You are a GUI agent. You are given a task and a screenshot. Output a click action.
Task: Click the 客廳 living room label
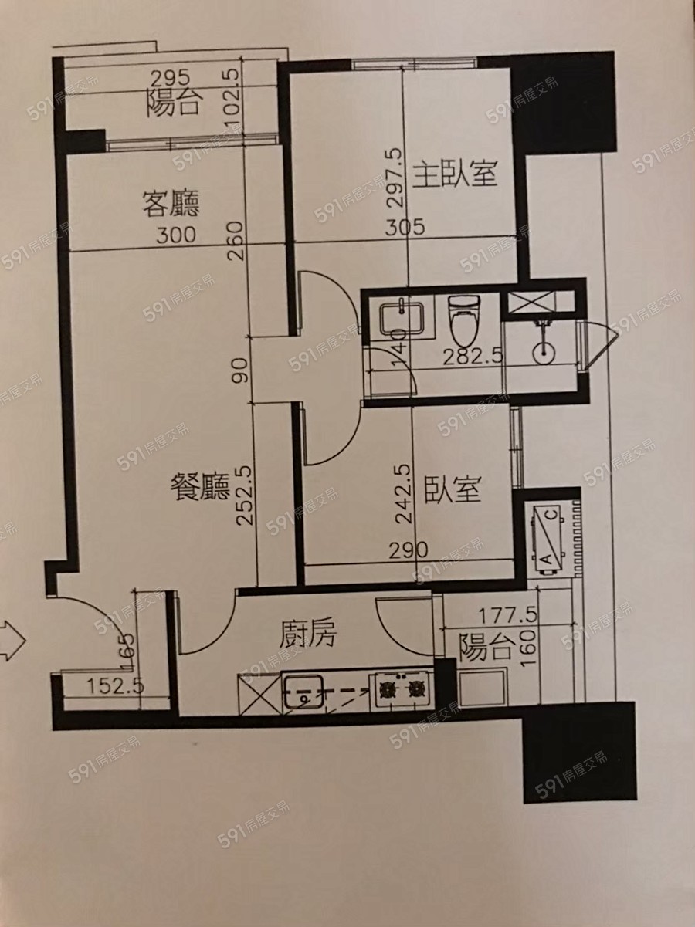tap(171, 204)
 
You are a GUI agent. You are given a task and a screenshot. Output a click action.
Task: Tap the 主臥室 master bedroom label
tap(455, 173)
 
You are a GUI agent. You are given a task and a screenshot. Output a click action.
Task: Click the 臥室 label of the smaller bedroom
tap(453, 489)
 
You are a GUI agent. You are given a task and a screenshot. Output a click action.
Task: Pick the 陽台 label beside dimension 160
tap(487, 648)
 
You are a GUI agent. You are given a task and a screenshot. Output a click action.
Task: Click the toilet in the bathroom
tap(465, 319)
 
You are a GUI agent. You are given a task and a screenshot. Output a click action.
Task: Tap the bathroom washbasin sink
tap(402, 317)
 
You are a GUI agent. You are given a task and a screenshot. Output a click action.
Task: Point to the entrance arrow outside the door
tap(12, 640)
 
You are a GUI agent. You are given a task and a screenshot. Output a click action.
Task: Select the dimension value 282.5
tap(473, 357)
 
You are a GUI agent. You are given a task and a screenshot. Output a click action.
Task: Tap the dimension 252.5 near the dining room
tap(245, 496)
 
